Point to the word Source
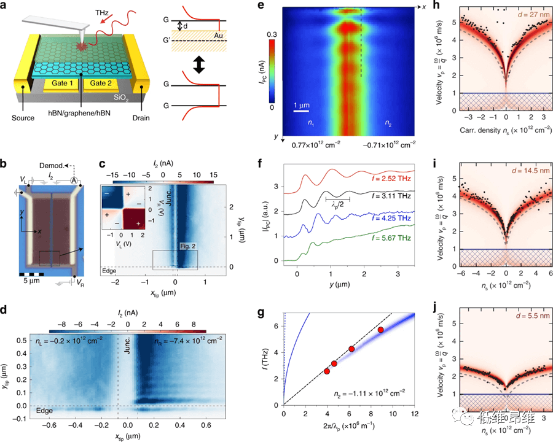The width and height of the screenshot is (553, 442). (22, 114)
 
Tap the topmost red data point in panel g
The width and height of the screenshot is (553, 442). (381, 330)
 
